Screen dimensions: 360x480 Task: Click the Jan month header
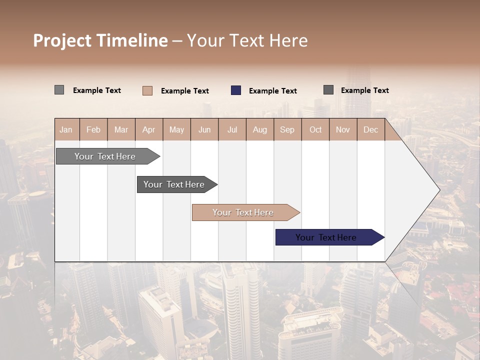click(66, 129)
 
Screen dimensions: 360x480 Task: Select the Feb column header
click(93, 129)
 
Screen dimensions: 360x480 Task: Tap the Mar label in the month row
click(121, 129)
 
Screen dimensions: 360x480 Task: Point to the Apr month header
click(149, 129)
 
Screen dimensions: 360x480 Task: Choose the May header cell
click(176, 129)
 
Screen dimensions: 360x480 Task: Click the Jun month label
click(204, 129)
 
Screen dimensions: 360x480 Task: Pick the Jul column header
click(232, 129)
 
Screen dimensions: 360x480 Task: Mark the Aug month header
click(260, 129)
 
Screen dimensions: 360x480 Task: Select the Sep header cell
click(287, 129)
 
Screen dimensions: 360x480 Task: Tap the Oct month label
click(315, 129)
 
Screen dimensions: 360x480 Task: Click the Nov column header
click(343, 129)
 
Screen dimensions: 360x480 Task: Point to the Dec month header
click(371, 129)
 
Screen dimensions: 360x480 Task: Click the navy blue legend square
click(236, 90)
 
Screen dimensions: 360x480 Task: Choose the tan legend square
click(147, 90)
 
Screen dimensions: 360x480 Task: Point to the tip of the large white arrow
click(439, 190)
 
